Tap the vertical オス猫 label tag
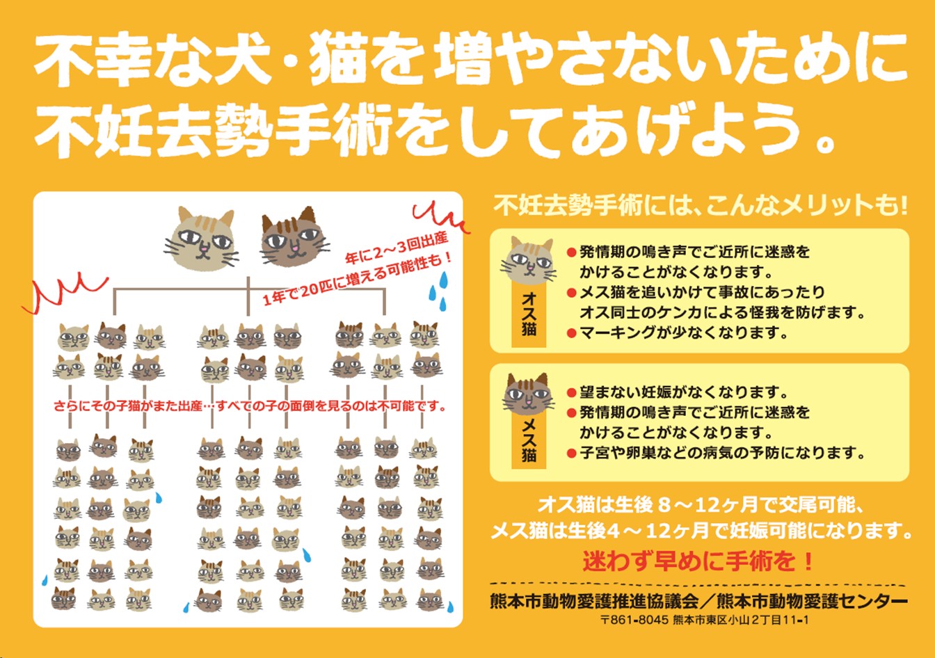click(529, 316)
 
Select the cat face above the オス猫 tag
click(529, 260)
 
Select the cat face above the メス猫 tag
click(528, 394)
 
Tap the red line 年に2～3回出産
click(397, 249)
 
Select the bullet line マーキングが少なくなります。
click(683, 332)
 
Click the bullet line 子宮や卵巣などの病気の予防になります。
click(722, 453)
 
